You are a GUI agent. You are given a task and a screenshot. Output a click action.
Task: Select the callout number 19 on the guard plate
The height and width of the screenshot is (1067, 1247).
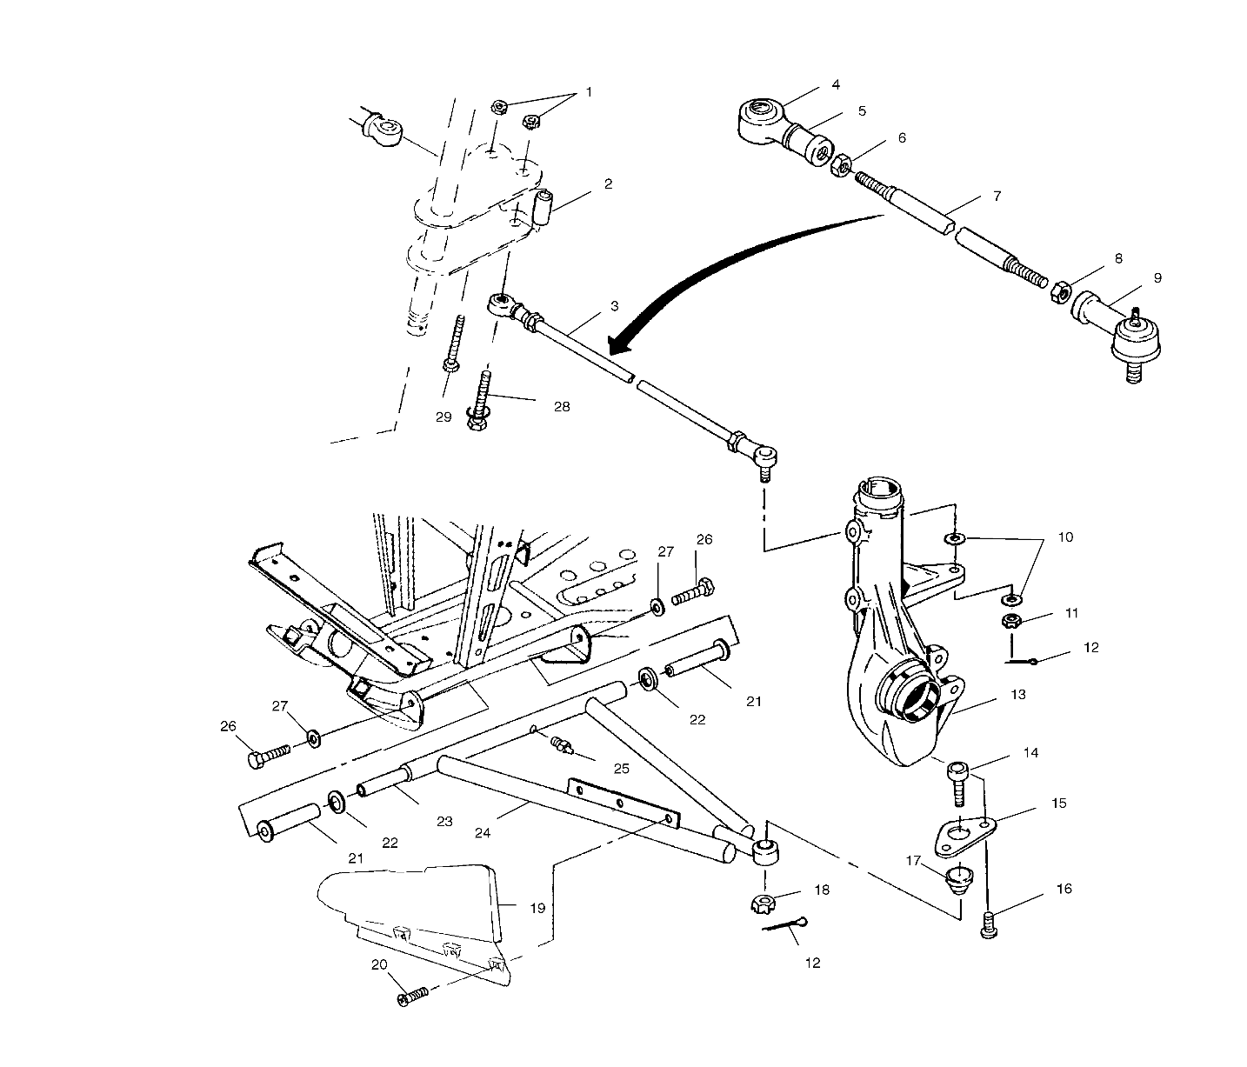point(537,908)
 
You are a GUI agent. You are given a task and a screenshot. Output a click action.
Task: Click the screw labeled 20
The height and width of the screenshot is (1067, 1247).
point(414,996)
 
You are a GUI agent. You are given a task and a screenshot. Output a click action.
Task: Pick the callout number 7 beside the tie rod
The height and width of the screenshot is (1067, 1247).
point(997,197)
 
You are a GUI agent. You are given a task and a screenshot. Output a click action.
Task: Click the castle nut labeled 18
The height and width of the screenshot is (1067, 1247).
point(763,904)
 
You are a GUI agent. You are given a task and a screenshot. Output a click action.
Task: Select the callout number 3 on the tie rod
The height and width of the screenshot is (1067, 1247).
point(614,306)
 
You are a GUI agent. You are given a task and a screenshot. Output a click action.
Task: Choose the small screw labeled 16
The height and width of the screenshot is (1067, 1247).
point(990,924)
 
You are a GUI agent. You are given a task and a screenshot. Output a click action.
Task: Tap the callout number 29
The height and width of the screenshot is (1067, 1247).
point(443,417)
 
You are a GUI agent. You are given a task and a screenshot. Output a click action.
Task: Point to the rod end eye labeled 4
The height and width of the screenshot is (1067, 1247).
point(762,119)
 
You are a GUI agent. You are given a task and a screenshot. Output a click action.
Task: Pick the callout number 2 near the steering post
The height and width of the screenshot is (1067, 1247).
point(608,183)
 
